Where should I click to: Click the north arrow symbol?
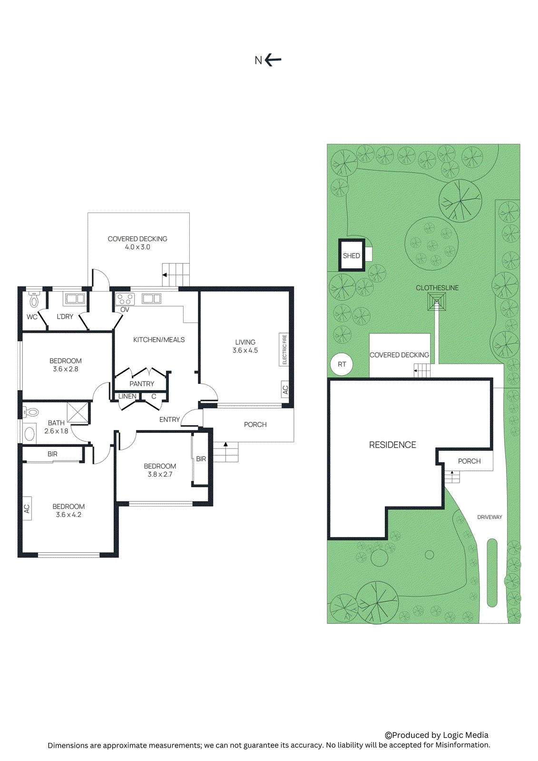273,60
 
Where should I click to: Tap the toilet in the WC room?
34,300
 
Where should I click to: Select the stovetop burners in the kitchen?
125,299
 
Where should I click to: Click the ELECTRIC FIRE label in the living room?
284,350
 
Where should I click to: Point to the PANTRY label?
142,384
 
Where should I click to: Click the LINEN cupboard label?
127,396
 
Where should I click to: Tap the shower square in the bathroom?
78,412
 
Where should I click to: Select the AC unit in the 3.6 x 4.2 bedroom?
27,508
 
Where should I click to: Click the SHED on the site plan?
352,256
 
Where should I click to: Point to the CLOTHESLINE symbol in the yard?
437,302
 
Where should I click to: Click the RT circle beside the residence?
342,364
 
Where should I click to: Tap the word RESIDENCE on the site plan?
392,445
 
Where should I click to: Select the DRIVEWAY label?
489,517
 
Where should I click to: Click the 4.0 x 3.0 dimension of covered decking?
137,247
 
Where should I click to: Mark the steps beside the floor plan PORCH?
225,452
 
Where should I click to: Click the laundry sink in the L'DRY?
75,299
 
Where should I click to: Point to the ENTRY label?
169,420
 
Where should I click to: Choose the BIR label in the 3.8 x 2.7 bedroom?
201,459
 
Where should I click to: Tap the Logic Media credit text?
437,735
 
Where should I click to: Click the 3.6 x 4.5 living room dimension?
245,351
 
